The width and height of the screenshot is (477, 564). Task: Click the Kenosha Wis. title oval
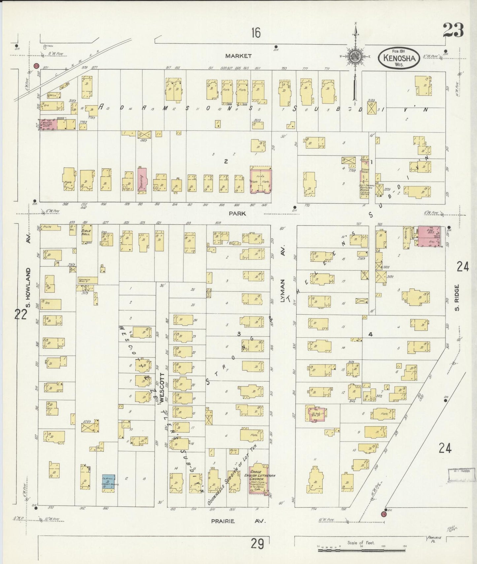(399, 58)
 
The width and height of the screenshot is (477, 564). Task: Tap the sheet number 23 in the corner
(453, 30)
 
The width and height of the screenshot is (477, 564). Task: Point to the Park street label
(238, 214)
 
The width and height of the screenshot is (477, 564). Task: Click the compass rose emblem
(355, 57)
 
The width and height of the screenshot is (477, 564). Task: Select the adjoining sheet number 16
(256, 33)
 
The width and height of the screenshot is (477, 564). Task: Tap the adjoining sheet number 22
(20, 315)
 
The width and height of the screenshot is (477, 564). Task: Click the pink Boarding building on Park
(142, 180)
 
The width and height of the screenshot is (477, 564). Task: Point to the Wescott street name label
(161, 388)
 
